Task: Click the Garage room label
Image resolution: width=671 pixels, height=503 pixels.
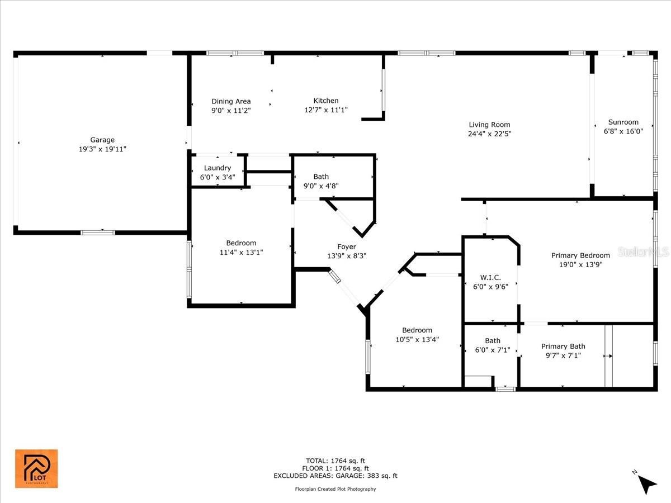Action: pyautogui.click(x=102, y=140)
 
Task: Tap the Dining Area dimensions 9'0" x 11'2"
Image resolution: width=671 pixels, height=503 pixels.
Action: pyautogui.click(x=231, y=110)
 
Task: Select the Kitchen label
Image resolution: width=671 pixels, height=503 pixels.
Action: pyautogui.click(x=326, y=101)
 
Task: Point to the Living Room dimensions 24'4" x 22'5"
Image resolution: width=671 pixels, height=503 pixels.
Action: pyautogui.click(x=489, y=134)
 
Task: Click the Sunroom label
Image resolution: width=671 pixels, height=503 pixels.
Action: pyautogui.click(x=623, y=122)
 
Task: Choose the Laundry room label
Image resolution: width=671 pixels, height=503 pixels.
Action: pyautogui.click(x=218, y=168)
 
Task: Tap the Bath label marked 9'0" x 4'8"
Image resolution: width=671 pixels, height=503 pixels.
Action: pyautogui.click(x=321, y=177)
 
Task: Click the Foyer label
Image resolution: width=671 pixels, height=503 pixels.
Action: pyautogui.click(x=347, y=247)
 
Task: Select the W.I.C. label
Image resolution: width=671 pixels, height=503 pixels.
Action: pyautogui.click(x=490, y=278)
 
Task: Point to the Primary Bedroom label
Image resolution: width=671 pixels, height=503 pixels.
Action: pyautogui.click(x=580, y=255)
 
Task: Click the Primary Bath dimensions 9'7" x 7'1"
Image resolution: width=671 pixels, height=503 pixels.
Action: pyautogui.click(x=563, y=355)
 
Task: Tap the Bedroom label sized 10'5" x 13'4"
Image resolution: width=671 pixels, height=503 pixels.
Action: pyautogui.click(x=417, y=330)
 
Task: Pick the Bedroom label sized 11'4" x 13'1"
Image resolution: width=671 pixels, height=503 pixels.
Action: pyautogui.click(x=241, y=243)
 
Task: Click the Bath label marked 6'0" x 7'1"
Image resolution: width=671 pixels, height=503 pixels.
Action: pyautogui.click(x=493, y=340)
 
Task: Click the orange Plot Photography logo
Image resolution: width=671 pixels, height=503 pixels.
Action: pyautogui.click(x=36, y=469)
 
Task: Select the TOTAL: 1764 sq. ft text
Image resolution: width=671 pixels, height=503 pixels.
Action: pyautogui.click(x=335, y=461)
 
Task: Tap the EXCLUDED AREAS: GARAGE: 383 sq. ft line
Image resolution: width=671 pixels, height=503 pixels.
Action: pyautogui.click(x=335, y=476)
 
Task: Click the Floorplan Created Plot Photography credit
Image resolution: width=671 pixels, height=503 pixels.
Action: pyautogui.click(x=335, y=489)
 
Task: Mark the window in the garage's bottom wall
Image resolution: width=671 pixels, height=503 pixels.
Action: pyautogui.click(x=98, y=232)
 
